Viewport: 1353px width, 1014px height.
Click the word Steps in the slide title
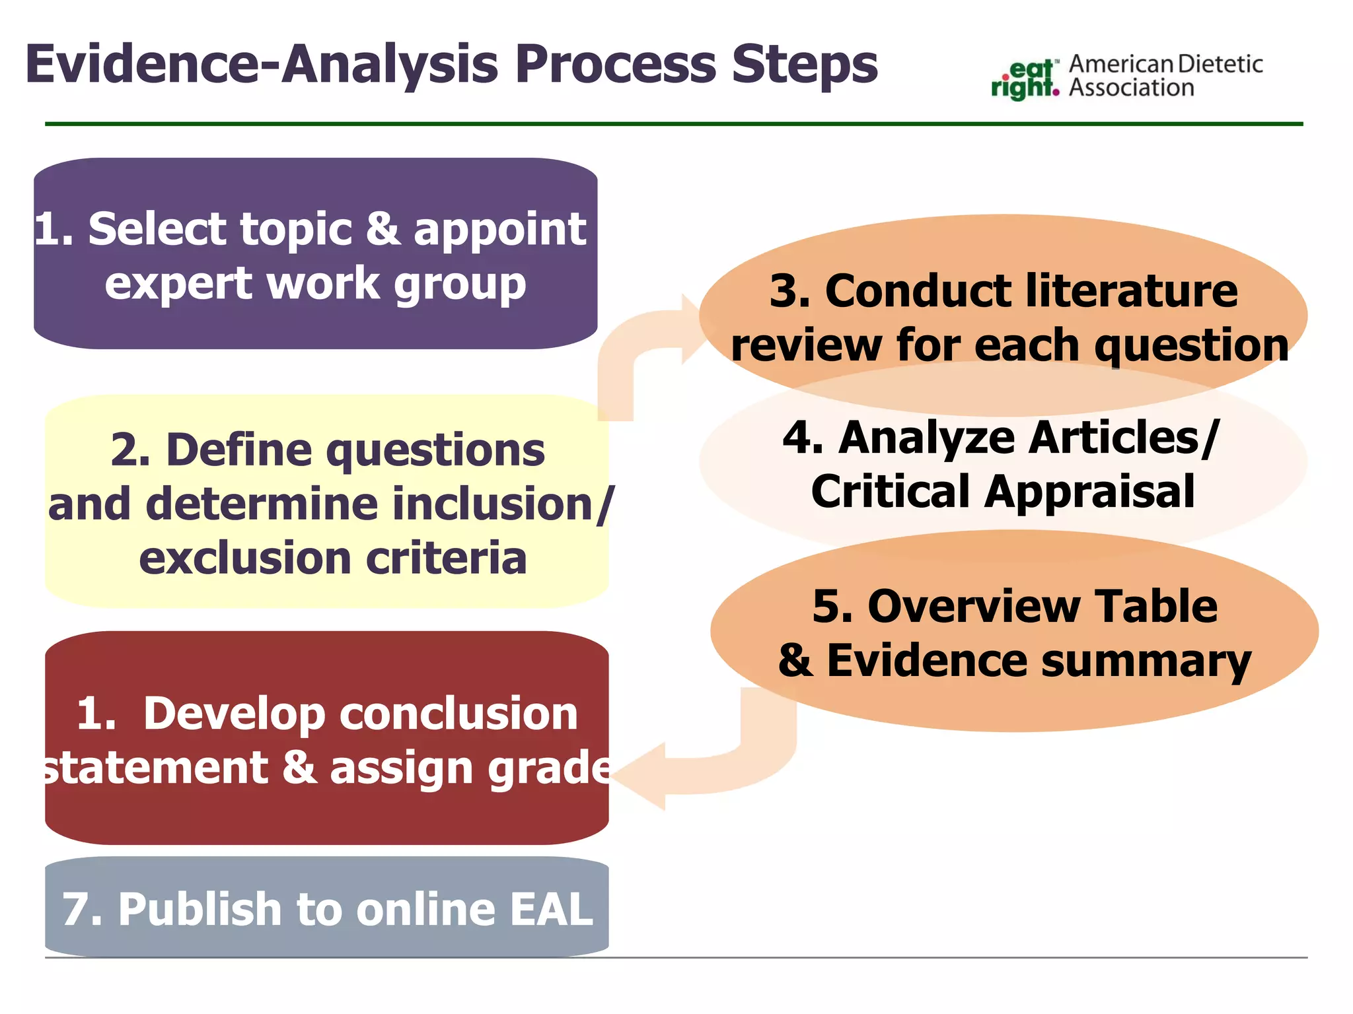click(805, 65)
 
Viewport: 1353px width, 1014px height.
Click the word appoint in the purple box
click(500, 229)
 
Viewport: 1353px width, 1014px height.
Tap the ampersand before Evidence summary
click(794, 660)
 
